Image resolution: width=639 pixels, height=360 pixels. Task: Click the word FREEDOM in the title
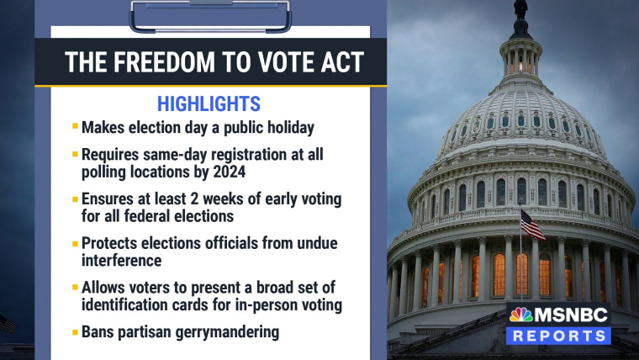164,62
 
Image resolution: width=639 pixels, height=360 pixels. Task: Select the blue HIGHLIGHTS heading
209,104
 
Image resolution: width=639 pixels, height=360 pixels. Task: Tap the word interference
121,261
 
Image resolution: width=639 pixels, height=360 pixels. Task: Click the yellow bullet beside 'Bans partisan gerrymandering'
75,332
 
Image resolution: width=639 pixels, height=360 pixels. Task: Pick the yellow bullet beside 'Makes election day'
75,126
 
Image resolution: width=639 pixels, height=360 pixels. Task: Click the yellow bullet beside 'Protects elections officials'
75,244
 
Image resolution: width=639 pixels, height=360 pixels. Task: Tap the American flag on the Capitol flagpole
532,225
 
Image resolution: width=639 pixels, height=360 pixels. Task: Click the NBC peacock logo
520,315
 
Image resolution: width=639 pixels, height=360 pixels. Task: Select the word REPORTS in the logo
559,336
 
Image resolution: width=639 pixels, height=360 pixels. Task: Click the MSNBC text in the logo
571,315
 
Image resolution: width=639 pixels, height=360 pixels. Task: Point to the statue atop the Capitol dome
520,9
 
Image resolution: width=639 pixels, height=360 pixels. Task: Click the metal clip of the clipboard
210,16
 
